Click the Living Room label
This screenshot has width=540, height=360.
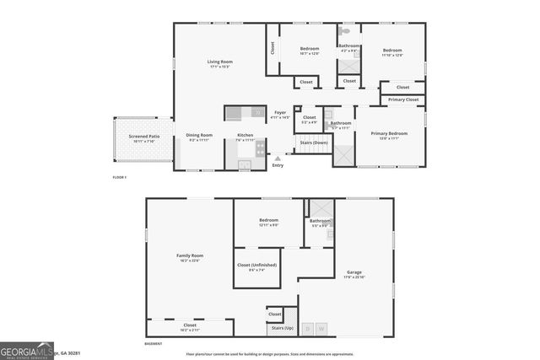pyautogui.click(x=221, y=62)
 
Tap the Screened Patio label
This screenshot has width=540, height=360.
pyautogui.click(x=143, y=136)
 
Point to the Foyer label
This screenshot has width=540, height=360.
pyautogui.click(x=280, y=113)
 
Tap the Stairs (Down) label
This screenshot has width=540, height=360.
pyautogui.click(x=313, y=143)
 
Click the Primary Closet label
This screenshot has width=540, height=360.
pyautogui.click(x=403, y=99)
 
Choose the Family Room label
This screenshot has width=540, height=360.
pyautogui.click(x=189, y=256)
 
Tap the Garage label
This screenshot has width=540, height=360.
pyautogui.click(x=354, y=272)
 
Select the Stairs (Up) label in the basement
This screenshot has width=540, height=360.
pyautogui.click(x=282, y=327)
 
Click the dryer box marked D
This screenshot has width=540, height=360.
pyautogui.click(x=308, y=329)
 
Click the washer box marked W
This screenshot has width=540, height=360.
pyautogui.click(x=321, y=329)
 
